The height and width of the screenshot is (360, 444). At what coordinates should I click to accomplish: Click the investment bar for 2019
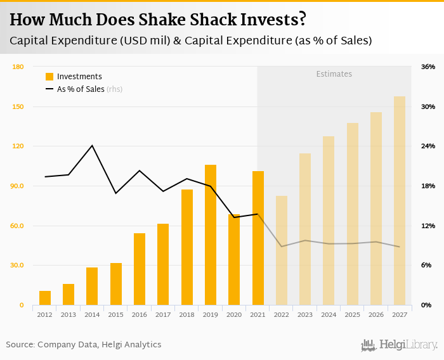coord(211,235)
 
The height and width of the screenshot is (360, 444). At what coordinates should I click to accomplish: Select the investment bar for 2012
coord(44,298)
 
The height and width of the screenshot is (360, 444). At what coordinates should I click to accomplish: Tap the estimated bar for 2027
coord(400,201)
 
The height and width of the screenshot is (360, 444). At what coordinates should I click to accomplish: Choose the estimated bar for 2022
coord(282,250)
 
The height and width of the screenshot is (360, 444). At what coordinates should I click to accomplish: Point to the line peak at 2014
coord(93,146)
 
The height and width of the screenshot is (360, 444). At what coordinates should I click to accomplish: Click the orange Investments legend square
coord(49,77)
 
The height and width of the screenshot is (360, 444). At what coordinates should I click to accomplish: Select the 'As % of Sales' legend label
coord(81,89)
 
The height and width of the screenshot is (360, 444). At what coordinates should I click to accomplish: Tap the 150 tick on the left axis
coord(18,106)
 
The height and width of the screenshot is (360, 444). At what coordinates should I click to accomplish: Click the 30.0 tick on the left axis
coord(17,266)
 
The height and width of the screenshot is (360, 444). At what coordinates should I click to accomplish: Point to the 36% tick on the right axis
coord(428,67)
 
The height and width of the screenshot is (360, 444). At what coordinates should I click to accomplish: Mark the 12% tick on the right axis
coord(428,226)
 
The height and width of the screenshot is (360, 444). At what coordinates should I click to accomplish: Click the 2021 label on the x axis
coord(258,314)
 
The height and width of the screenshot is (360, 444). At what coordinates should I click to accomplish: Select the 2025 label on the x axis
coord(352,314)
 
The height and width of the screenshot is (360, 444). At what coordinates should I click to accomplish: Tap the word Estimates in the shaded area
coord(334,74)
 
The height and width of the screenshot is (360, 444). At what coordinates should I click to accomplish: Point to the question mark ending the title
coord(302,20)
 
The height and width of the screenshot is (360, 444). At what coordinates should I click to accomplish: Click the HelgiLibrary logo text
coord(408,345)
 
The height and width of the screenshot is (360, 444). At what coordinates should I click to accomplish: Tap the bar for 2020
coord(234,260)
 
